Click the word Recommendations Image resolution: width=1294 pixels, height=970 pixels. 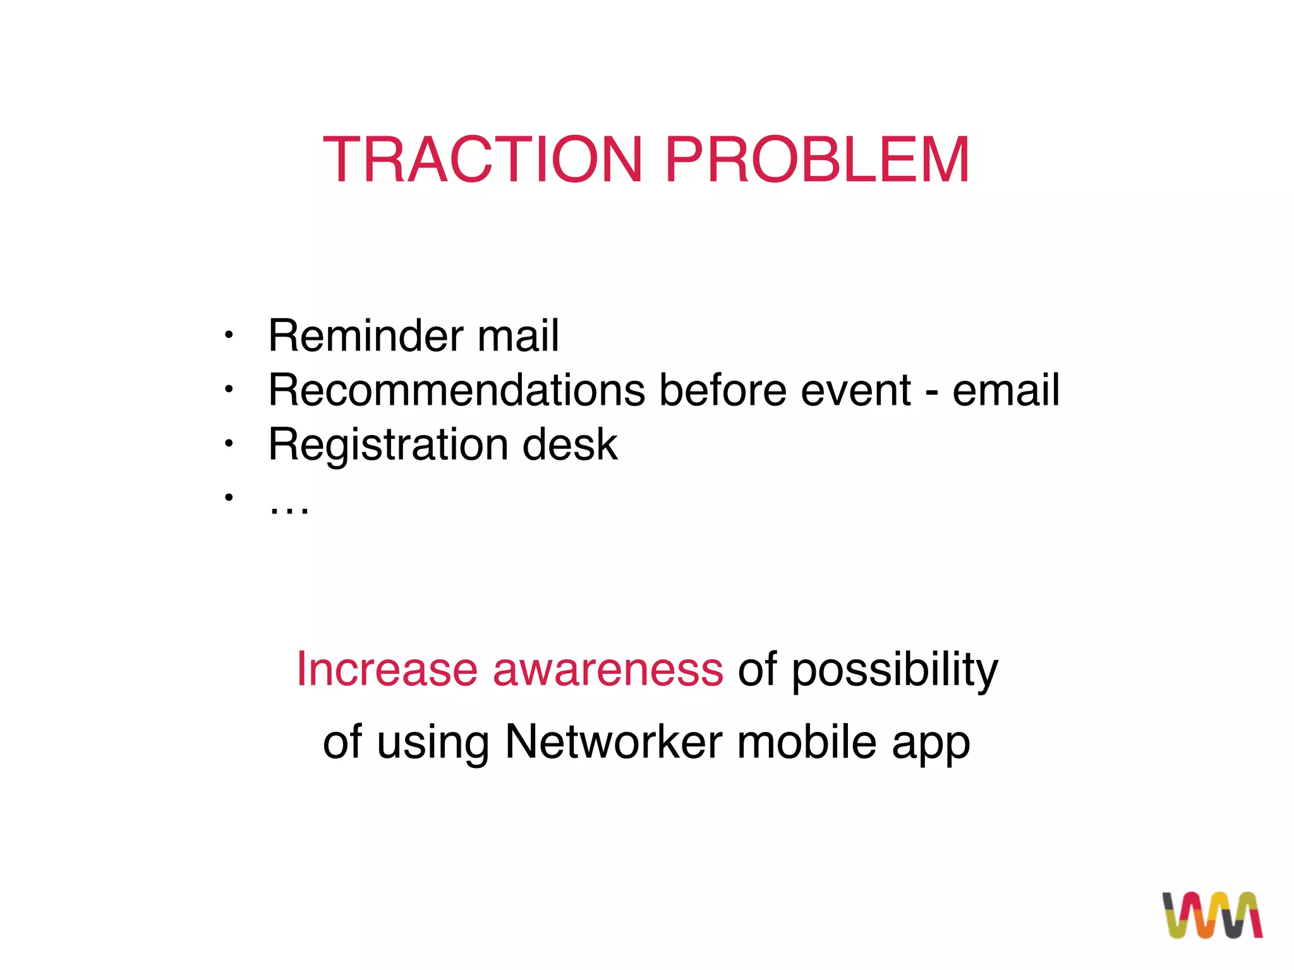pyautogui.click(x=456, y=390)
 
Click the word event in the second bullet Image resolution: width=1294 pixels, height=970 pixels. pyautogui.click(x=856, y=391)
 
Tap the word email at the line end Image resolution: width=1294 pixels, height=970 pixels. pyautogui.click(x=1005, y=390)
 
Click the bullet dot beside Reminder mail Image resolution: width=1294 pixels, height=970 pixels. pyautogui.click(x=229, y=335)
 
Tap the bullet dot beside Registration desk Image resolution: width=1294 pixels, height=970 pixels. pyautogui.click(x=229, y=444)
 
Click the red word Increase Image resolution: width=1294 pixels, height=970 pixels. pyautogui.click(x=387, y=669)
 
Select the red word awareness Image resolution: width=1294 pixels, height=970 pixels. pyautogui.click(x=607, y=670)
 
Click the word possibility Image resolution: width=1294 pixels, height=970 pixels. pyautogui.click(x=894, y=670)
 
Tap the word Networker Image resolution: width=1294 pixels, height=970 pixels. pyautogui.click(x=613, y=741)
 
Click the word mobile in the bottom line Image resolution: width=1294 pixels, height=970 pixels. pyautogui.click(x=806, y=741)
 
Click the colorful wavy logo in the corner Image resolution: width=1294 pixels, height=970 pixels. pyautogui.click(x=1212, y=914)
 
